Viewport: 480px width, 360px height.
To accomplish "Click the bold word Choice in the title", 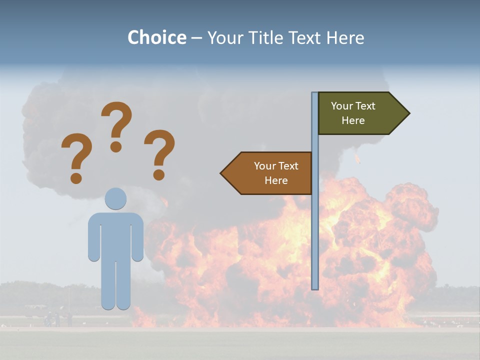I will point(156,38).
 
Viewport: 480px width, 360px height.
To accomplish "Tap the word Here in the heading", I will point(345,38).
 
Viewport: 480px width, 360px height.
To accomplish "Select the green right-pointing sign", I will point(357,113).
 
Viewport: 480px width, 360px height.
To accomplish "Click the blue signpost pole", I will point(315,225).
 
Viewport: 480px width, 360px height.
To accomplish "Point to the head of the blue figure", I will point(115,198).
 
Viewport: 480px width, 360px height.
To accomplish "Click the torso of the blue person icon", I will point(115,235).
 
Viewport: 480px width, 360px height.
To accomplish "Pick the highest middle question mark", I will point(116,122).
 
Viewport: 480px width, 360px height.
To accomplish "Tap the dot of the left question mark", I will point(76,177).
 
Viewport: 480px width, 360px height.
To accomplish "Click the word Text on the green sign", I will point(365,106).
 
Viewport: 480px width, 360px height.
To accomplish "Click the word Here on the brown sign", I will point(276,180).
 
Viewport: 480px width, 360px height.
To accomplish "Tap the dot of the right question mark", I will point(159,174).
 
